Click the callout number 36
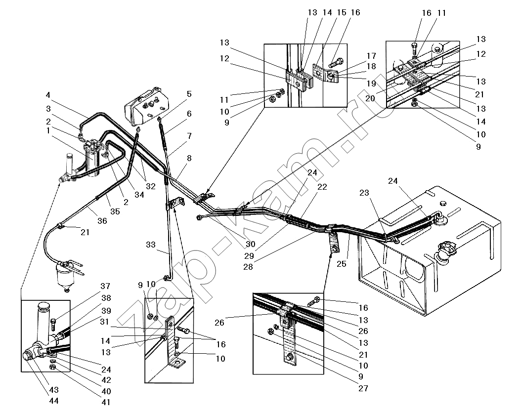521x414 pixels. [x=102, y=221]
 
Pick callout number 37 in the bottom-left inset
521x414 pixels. [x=105, y=287]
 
